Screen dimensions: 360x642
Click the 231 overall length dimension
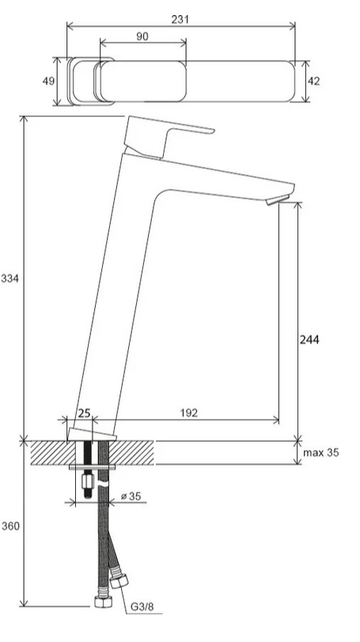coord(180,19)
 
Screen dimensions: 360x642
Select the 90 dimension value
coord(142,36)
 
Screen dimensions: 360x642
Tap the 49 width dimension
coord(48,81)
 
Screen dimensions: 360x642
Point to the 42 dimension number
coord(314,81)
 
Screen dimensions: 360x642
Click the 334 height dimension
coord(9,279)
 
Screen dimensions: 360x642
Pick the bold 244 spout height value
coord(309,339)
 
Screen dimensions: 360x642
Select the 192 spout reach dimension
coord(189,413)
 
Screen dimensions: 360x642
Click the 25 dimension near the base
coord(85,414)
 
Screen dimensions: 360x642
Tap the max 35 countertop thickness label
coord(321,452)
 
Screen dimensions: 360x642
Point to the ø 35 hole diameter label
coord(131,497)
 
